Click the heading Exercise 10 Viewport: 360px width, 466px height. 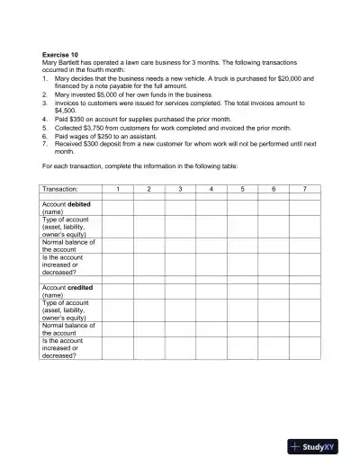(x=61, y=54)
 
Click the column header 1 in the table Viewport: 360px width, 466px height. (x=118, y=189)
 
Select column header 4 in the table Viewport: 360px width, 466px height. (x=211, y=189)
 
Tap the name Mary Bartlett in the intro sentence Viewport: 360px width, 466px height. (x=67, y=62)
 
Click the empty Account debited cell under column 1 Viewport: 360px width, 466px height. (x=118, y=208)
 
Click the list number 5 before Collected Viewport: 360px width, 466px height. (x=44, y=127)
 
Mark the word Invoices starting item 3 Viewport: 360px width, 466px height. (x=68, y=103)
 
